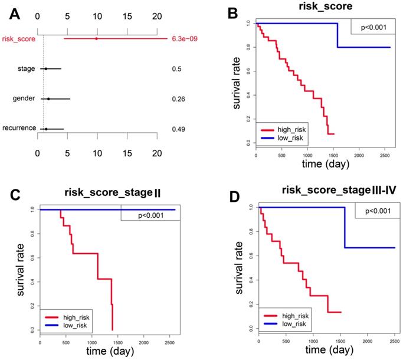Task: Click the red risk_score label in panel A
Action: pyautogui.click(x=18, y=40)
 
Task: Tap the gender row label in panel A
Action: pyautogui.click(x=24, y=99)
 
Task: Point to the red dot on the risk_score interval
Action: pyautogui.click(x=96, y=39)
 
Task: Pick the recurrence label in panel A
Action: pyautogui.click(x=19, y=128)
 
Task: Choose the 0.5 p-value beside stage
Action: pyautogui.click(x=176, y=69)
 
